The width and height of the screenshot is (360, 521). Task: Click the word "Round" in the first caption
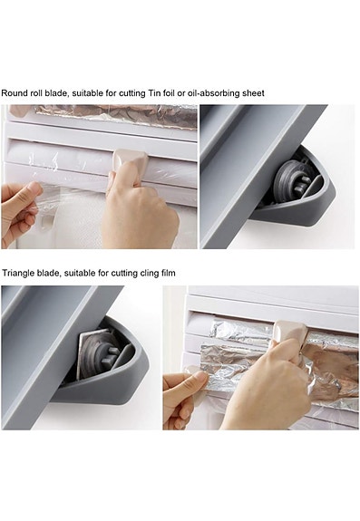coord(15,93)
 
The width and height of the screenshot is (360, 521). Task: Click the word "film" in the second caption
coord(169,273)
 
